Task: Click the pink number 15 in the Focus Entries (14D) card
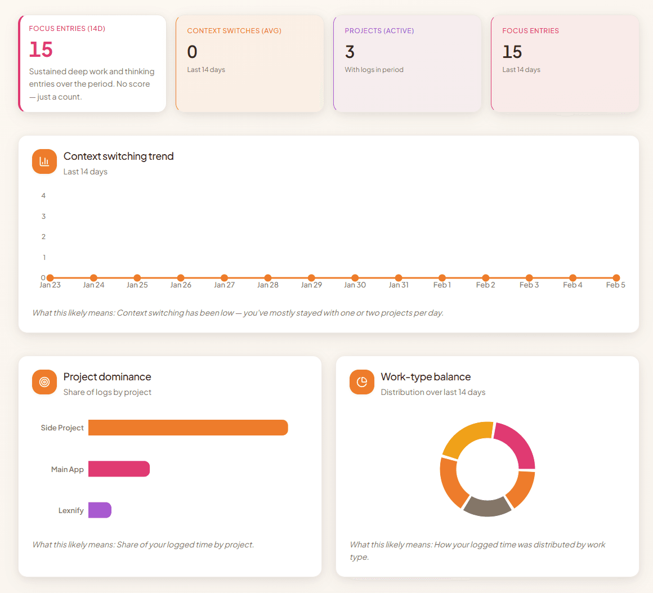point(41,50)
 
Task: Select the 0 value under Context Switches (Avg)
point(192,52)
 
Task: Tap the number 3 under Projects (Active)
point(350,52)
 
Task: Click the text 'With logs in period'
point(374,70)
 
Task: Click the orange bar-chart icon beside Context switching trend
point(44,161)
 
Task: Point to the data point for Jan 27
point(224,278)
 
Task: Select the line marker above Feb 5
point(616,278)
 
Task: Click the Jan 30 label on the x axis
point(355,285)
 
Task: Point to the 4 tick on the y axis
point(43,196)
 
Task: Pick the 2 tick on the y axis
point(43,237)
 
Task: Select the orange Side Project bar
point(188,428)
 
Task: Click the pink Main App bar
point(119,469)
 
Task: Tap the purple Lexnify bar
point(100,510)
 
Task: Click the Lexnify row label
point(71,511)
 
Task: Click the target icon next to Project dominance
point(44,382)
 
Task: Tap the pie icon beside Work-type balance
point(362,382)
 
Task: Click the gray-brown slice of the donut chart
point(487,506)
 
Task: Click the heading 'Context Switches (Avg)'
point(234,31)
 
